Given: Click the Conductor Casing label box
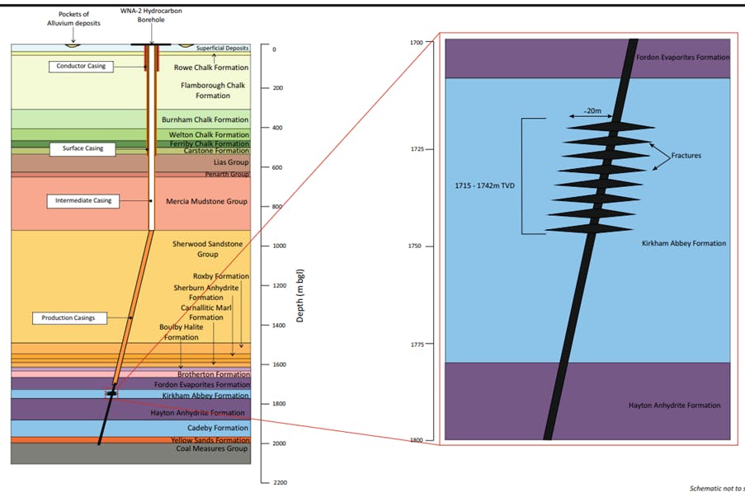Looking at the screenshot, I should point(81,66).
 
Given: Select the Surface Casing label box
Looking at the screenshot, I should point(83,149).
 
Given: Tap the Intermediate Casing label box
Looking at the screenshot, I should point(83,200).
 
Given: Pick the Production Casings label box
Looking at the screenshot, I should point(68,317).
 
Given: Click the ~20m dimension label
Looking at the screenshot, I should point(592,110).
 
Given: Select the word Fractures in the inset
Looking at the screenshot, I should point(686,155).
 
